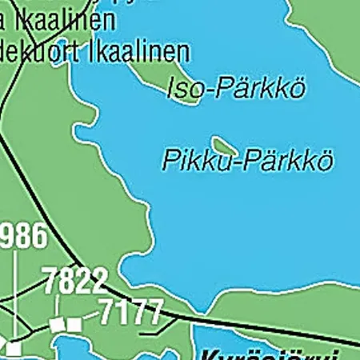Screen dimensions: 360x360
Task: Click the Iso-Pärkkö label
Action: tap(235, 89)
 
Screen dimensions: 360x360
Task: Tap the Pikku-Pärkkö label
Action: tap(247, 160)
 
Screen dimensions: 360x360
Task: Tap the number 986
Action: tap(22, 237)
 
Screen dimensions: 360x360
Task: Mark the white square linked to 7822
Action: tap(56, 325)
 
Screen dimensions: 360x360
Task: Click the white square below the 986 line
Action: tap(14, 349)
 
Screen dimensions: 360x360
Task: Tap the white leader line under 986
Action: tap(14, 296)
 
